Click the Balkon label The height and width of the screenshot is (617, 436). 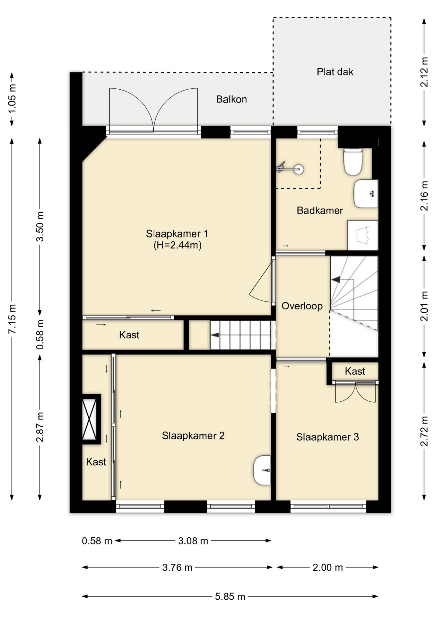click(231, 99)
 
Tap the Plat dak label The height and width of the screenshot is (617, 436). click(335, 72)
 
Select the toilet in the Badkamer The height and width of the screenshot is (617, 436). click(353, 161)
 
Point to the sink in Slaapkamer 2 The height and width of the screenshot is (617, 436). click(262, 470)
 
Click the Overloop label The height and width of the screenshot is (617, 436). click(302, 306)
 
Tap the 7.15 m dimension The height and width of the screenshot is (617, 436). click(12, 319)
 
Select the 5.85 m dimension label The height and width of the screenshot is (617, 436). click(230, 597)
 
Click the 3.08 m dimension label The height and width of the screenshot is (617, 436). click(193, 541)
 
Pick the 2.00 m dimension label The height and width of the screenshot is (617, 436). click(327, 568)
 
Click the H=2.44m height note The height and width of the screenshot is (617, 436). click(177, 245)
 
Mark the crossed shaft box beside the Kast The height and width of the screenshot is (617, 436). click(89, 419)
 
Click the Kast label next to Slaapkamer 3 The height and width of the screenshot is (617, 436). click(354, 371)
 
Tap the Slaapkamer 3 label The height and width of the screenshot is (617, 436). click(327, 437)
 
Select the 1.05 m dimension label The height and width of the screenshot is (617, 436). click(12, 99)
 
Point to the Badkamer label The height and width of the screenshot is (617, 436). click(319, 210)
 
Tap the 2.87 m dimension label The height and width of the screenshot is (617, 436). click(40, 427)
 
